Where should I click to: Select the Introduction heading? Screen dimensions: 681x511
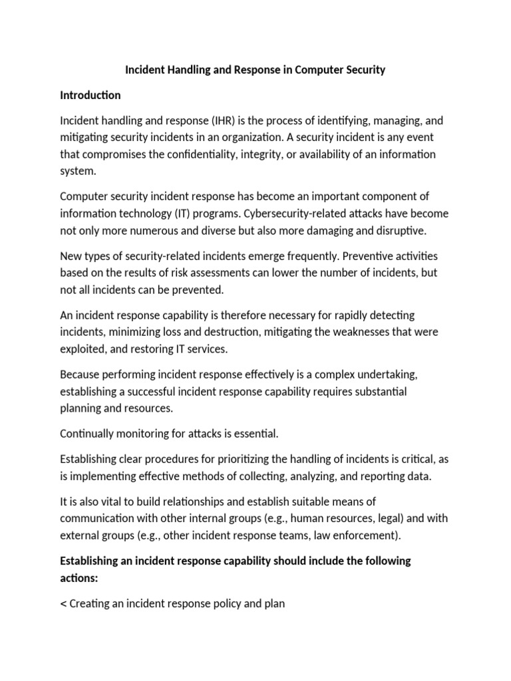point(90,95)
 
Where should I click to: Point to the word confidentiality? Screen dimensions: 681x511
point(221,154)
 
